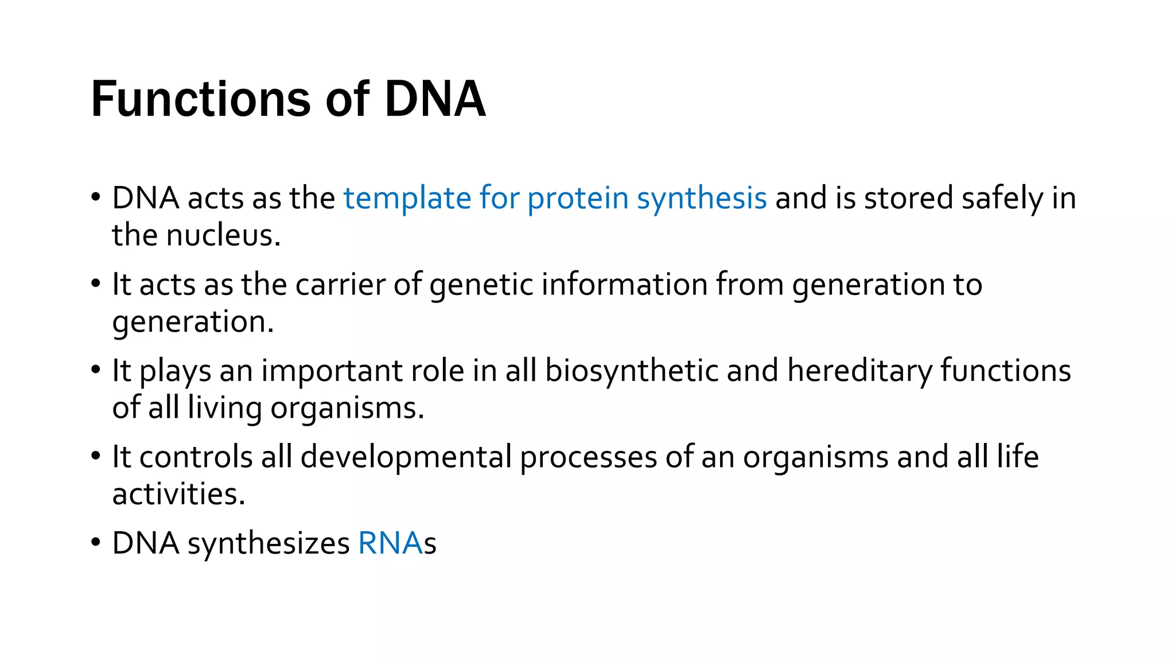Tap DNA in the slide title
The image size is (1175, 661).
point(435,100)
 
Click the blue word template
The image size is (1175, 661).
point(407,199)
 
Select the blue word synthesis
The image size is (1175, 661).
point(701,199)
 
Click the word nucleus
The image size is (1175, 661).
point(223,236)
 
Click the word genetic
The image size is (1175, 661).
point(481,285)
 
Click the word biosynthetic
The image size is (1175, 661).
point(631,371)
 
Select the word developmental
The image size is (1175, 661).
point(406,457)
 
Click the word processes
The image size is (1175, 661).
point(588,457)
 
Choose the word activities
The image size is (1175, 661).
point(178,495)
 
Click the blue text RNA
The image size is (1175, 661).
point(390,543)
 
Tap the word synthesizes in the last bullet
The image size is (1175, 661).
point(269,543)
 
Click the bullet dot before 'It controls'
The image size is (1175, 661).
point(96,457)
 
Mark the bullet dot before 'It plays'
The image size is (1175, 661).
point(96,371)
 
